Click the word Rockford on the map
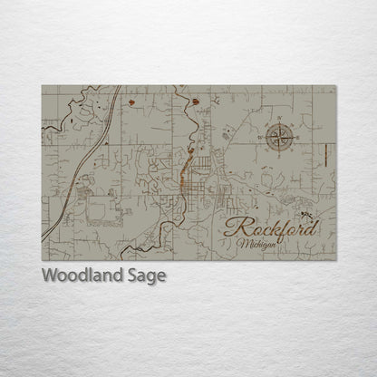[271, 227]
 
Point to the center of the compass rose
[279, 138]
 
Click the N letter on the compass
[279, 119]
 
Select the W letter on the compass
[261, 138]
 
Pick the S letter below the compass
[279, 157]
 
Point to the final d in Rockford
[312, 226]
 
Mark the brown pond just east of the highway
[132, 103]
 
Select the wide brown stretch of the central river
[188, 168]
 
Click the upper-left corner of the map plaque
[42, 86]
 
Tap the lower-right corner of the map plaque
[335, 261]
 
